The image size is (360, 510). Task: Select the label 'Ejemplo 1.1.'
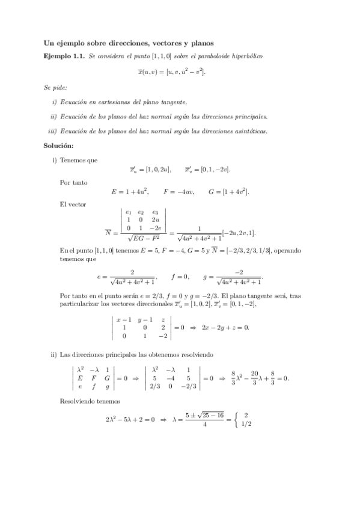click(64, 56)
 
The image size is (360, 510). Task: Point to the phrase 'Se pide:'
click(54, 87)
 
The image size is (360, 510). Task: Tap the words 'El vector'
click(73, 204)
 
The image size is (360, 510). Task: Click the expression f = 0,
click(180, 277)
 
